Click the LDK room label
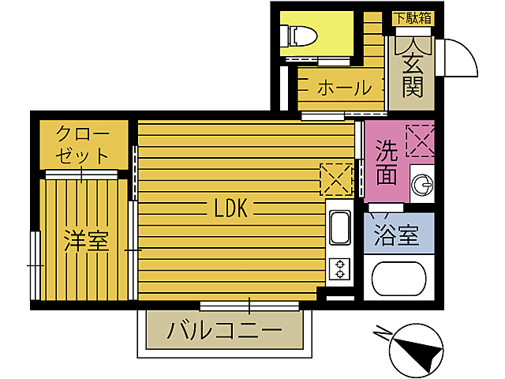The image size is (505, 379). pos(231,208)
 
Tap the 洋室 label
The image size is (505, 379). pos(86,240)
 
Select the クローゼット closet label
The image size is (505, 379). pos(83,143)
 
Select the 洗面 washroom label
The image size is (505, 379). pos(387,162)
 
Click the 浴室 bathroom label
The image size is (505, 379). pos(398,235)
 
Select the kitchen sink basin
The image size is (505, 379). pos(339,229)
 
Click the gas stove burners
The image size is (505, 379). pos(340,269)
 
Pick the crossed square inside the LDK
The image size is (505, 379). pos(335,177)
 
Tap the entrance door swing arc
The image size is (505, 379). pos(459,57)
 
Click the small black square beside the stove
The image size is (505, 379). pos(321,294)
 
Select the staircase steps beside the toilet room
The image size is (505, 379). pos(372,39)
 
